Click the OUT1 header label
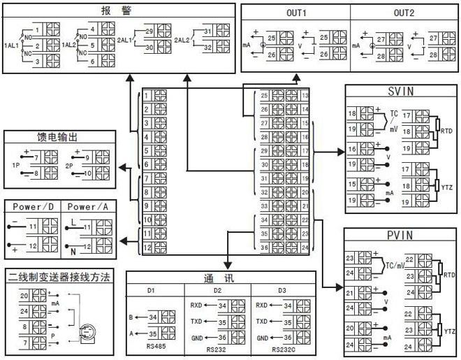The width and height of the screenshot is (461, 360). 295,13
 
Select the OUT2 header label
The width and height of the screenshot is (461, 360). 404,13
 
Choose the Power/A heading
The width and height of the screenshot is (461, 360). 89,208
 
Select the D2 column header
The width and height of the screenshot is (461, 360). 217,290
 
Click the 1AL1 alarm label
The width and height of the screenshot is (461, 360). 12,45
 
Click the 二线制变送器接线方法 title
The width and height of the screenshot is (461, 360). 59,277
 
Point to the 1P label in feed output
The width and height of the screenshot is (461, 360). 15,166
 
